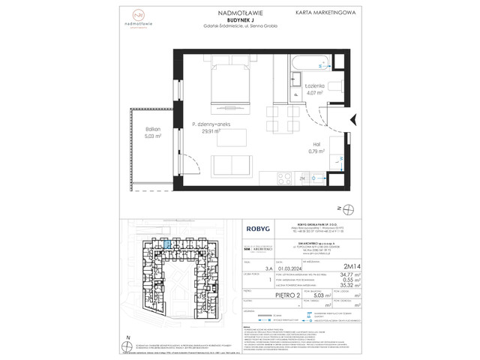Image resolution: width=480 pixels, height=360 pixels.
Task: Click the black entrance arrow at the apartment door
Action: [355, 118]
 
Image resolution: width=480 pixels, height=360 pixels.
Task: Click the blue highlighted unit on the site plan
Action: [167, 243]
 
